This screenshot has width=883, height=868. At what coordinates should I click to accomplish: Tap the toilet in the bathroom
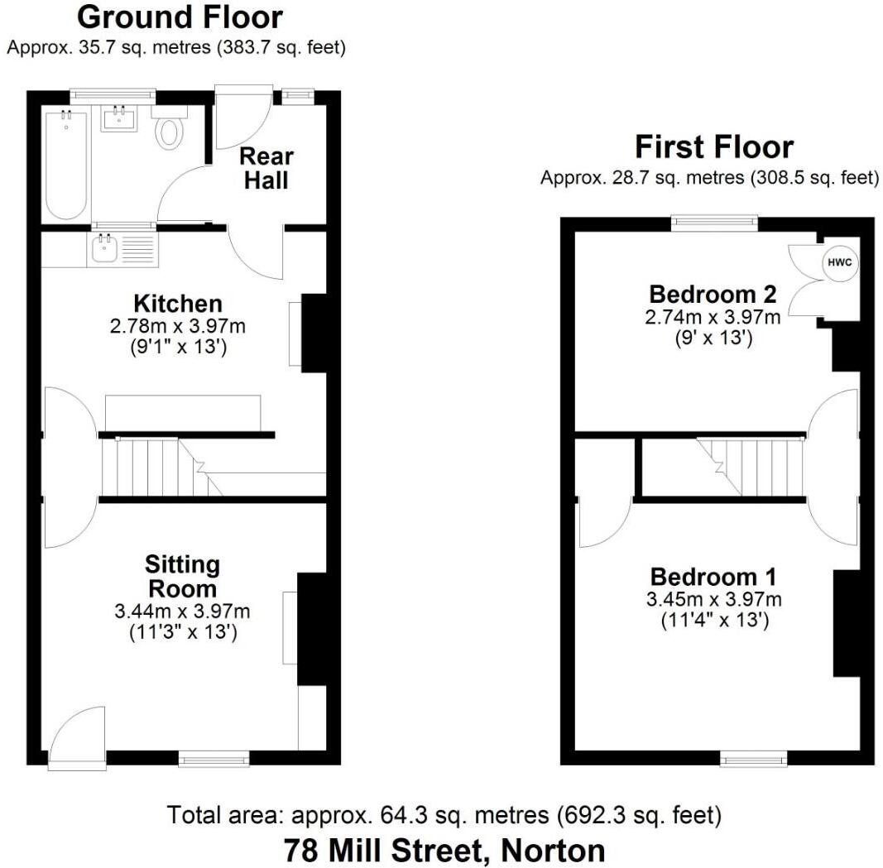(x=170, y=130)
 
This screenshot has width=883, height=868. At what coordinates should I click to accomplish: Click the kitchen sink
(x=106, y=247)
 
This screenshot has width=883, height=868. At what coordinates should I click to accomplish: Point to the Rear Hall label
(x=266, y=168)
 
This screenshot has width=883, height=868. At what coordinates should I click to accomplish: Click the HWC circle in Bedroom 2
(x=838, y=263)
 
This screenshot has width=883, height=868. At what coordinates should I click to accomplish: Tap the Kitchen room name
(x=178, y=304)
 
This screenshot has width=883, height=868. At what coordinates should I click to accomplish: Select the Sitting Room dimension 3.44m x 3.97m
(x=182, y=611)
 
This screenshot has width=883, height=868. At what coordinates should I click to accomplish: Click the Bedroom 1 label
(x=713, y=577)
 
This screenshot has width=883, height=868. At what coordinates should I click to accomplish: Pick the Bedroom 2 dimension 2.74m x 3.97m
(x=713, y=317)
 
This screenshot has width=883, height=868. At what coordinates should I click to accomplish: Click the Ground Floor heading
(x=180, y=17)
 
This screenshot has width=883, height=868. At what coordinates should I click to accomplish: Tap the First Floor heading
(x=713, y=147)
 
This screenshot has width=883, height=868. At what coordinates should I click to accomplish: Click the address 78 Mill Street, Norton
(x=444, y=850)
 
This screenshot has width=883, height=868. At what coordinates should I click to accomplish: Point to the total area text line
(x=444, y=815)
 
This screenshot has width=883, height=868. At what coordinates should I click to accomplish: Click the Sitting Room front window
(x=214, y=757)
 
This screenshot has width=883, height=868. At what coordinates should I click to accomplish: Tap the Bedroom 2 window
(x=713, y=221)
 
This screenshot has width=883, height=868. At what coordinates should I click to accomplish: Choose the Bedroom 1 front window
(x=753, y=758)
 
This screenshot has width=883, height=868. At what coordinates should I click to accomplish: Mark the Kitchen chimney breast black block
(x=314, y=333)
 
